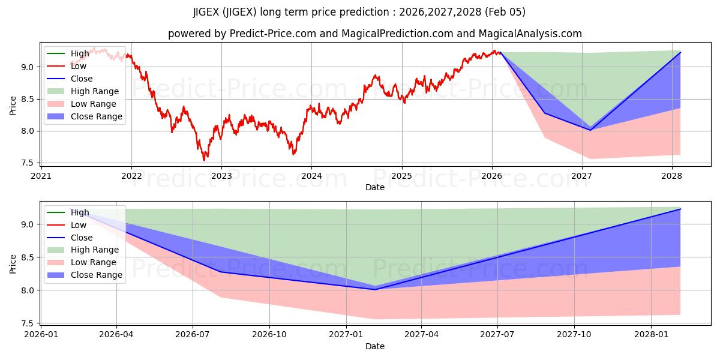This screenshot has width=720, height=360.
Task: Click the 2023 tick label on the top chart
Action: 221,176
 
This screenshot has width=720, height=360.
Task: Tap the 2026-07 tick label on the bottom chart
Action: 193,335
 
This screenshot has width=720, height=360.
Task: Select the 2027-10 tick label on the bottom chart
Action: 574,335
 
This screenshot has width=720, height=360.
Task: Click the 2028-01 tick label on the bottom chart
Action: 650,335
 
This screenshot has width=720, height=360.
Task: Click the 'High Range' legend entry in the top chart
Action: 95,91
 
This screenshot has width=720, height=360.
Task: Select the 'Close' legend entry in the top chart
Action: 82,79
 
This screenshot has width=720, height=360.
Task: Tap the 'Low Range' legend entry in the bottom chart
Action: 94,263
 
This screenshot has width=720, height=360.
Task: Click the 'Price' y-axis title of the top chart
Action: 13,105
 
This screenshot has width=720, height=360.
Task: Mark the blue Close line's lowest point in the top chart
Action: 590,130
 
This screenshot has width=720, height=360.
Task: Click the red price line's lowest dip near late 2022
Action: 204,160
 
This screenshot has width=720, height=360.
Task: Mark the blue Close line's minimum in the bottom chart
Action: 375,289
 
